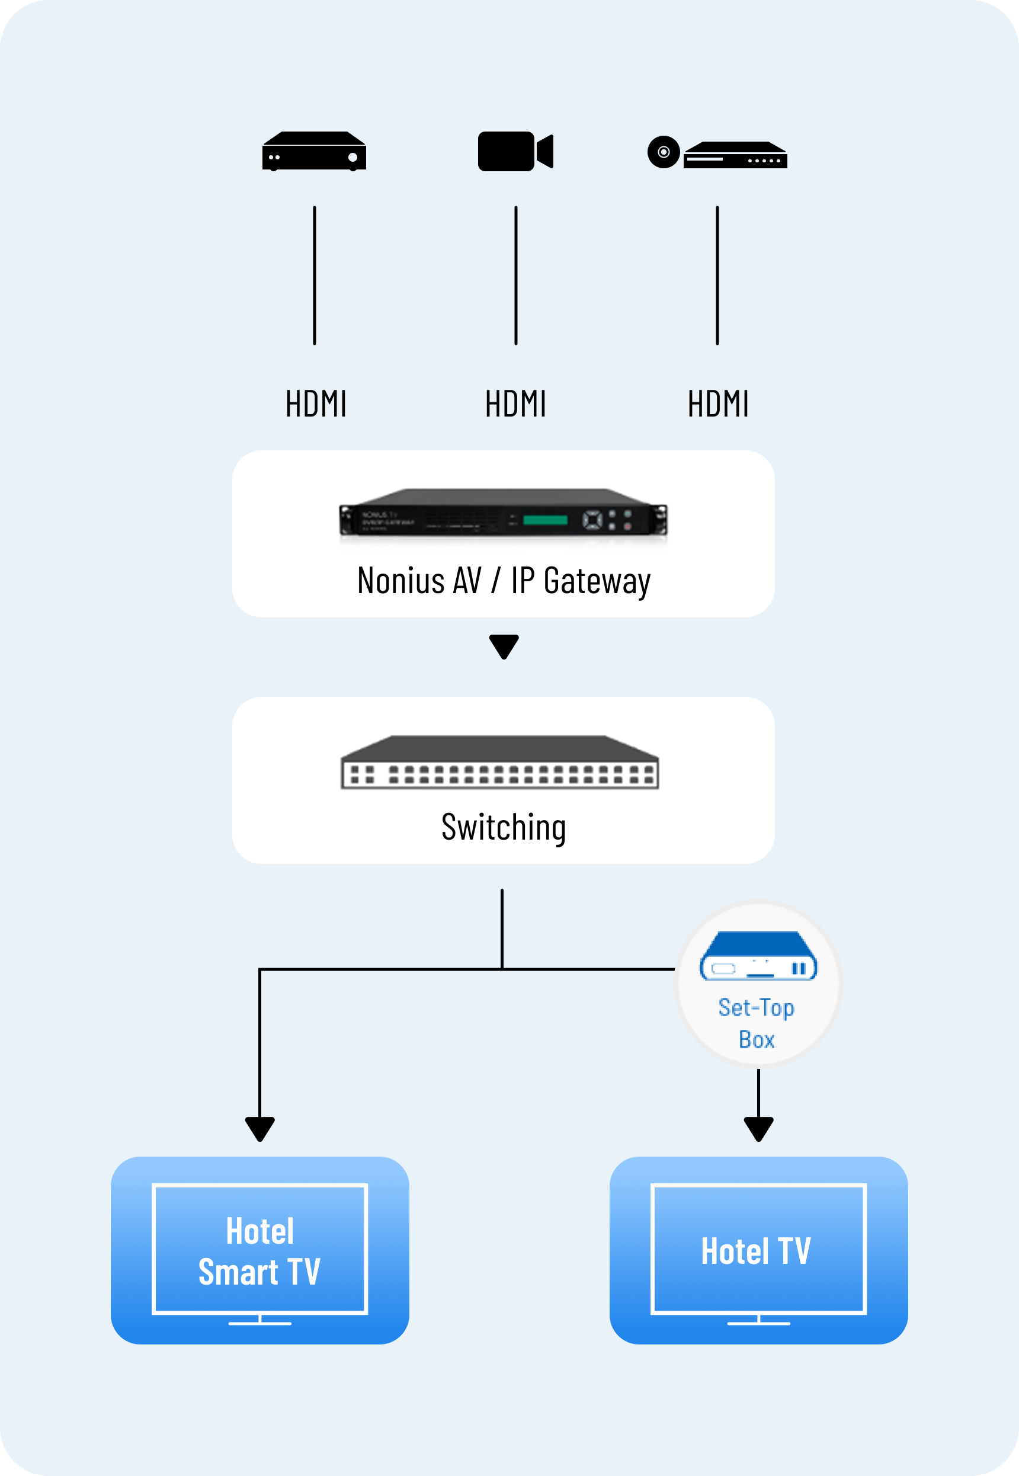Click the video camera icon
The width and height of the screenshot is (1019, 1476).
click(x=515, y=151)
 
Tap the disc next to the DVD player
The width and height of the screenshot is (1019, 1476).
click(x=664, y=152)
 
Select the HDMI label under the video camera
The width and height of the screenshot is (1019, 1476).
click(x=515, y=404)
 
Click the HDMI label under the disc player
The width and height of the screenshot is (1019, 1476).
click(x=717, y=404)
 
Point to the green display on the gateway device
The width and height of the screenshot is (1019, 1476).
click(x=544, y=520)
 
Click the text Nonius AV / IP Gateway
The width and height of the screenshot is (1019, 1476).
click(x=503, y=581)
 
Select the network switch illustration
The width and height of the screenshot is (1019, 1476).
click(x=500, y=763)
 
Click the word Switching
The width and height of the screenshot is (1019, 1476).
click(x=503, y=827)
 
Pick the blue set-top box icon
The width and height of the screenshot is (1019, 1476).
click(x=758, y=956)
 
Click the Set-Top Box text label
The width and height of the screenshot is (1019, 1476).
click(x=757, y=1023)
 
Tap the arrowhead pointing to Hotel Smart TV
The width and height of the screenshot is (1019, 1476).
click(x=260, y=1128)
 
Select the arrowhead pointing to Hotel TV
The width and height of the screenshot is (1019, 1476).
click(x=758, y=1128)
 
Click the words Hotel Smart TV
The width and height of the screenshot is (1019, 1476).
click(x=260, y=1251)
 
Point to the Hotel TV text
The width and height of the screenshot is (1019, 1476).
click(x=756, y=1251)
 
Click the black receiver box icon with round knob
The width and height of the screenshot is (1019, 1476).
click(x=314, y=151)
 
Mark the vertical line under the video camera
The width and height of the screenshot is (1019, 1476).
click(x=516, y=275)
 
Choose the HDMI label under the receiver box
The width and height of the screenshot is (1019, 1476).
click(x=315, y=404)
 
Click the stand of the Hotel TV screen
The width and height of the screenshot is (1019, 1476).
click(x=758, y=1321)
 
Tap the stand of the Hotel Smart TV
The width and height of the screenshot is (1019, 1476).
click(x=260, y=1321)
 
